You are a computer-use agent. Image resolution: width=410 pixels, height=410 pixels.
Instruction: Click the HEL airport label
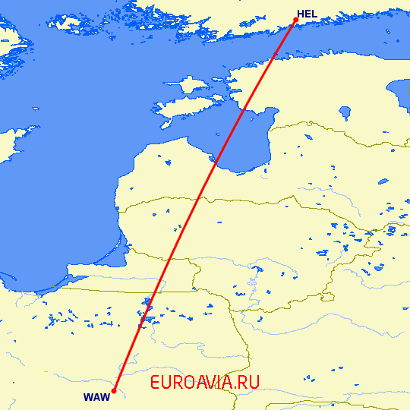point(307,14)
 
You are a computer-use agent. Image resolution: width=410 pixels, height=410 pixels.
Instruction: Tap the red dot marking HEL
point(295,20)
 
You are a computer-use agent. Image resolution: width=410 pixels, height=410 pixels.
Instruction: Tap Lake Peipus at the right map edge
point(396,95)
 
